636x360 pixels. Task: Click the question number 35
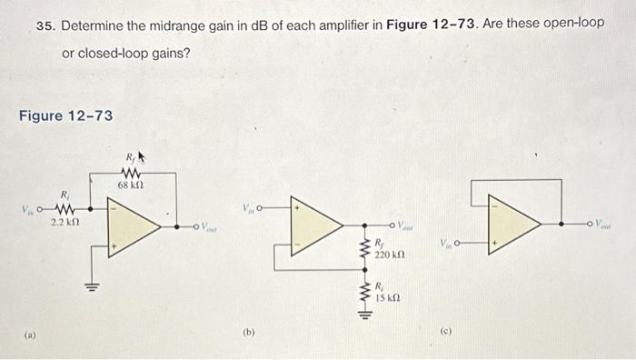pos(45,22)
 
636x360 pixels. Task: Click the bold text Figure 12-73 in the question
pos(426,22)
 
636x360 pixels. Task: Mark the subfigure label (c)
pos(444,333)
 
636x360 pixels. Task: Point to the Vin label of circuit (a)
pos(30,209)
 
